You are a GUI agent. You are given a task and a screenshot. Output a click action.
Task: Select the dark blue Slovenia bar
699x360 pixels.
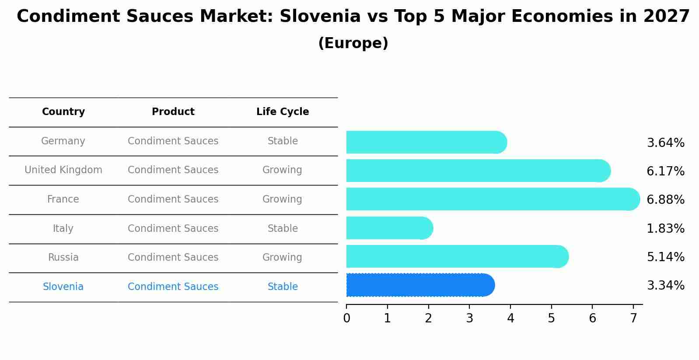tap(420, 285)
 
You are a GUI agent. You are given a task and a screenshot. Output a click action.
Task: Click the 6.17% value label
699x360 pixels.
tap(665, 171)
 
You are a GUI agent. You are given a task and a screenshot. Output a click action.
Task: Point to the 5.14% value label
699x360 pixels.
tap(665, 257)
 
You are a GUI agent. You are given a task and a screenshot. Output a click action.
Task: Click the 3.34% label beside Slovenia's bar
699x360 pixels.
tap(665, 285)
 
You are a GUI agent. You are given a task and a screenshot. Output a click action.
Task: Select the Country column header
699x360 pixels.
tap(63, 112)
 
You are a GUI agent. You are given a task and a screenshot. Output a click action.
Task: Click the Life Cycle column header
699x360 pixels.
tap(283, 112)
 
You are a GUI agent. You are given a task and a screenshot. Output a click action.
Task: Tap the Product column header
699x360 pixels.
tap(173, 112)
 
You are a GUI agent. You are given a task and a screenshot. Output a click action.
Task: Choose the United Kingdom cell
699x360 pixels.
tap(63, 170)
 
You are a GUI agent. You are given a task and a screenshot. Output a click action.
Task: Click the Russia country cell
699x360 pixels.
tap(63, 257)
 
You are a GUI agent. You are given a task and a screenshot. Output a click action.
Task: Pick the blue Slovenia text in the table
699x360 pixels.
tap(63, 287)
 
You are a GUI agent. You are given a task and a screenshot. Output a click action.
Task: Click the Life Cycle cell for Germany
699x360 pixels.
tap(283, 141)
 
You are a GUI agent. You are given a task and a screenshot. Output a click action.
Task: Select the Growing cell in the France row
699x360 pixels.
tap(282, 199)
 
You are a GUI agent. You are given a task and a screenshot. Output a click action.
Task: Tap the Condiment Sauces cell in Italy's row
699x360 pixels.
tap(173, 228)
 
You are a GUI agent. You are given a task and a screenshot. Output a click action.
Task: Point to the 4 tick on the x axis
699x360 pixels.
tap(510, 318)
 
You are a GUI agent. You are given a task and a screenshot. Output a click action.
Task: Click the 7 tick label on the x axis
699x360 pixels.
tap(633, 318)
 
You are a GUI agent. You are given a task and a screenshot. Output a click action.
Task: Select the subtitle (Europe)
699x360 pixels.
tap(353, 43)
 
